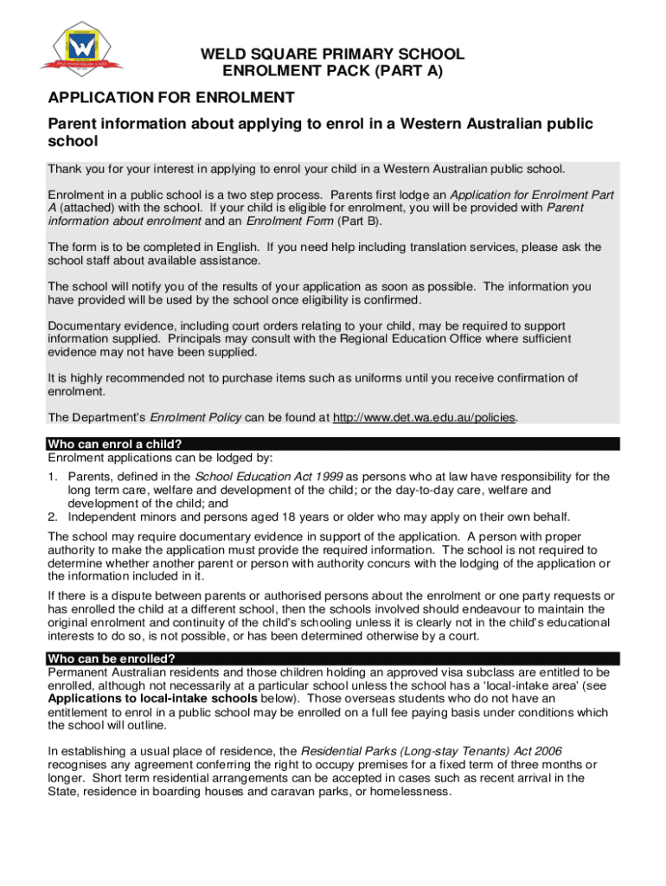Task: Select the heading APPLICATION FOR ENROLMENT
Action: pyautogui.click(x=171, y=98)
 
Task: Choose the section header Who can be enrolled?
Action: pyautogui.click(x=118, y=658)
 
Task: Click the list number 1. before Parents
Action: pyautogui.click(x=53, y=477)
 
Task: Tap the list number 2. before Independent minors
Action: pyautogui.click(x=53, y=517)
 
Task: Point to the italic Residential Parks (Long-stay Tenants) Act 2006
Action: pyautogui.click(x=432, y=749)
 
